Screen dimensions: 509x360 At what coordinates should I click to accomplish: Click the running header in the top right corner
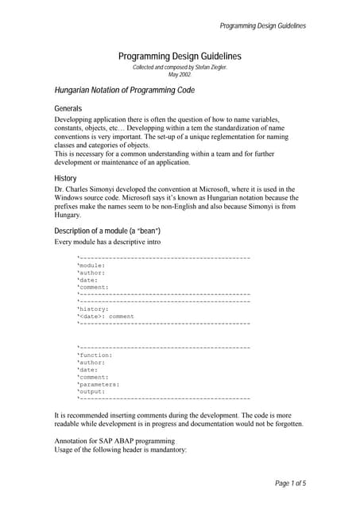[262, 26]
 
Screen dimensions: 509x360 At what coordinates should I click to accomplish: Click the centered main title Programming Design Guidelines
[180, 56]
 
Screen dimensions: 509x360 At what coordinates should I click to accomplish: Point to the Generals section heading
[68, 108]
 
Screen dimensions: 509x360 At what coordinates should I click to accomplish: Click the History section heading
[65, 178]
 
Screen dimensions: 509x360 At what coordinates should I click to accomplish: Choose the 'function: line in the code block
[95, 355]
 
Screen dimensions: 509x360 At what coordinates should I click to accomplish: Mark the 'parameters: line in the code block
[99, 384]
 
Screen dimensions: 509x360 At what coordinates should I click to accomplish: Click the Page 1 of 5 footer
[290, 483]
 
